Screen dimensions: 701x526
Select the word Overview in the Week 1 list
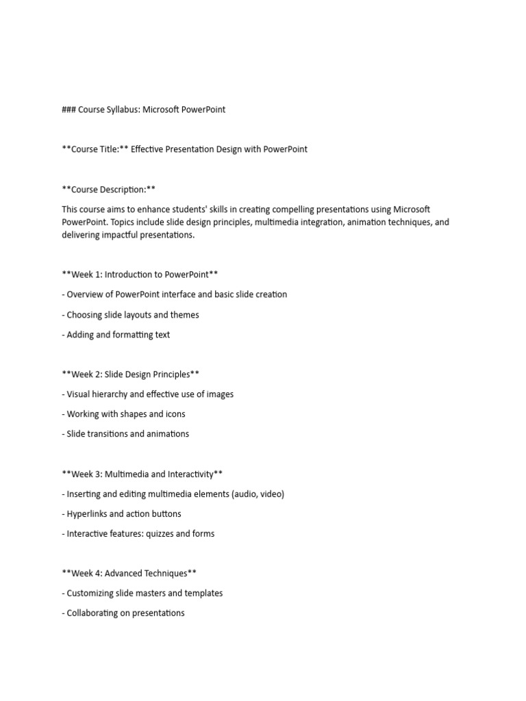click(x=86, y=294)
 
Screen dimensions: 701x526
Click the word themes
click(x=184, y=315)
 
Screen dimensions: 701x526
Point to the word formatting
click(x=131, y=335)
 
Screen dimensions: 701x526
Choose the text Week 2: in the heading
click(x=86, y=374)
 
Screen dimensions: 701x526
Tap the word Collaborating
click(x=94, y=613)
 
